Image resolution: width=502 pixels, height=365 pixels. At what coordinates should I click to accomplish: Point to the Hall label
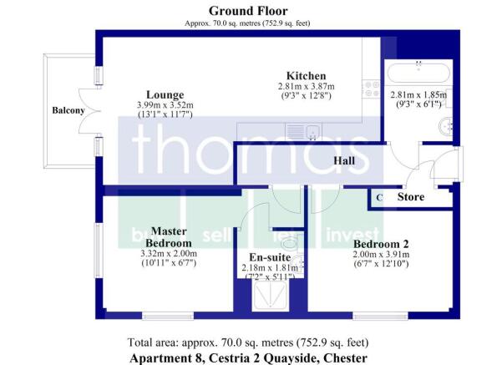(345, 160)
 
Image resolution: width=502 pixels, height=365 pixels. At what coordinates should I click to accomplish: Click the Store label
(410, 198)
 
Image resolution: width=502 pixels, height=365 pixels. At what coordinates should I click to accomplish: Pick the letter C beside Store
(378, 198)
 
